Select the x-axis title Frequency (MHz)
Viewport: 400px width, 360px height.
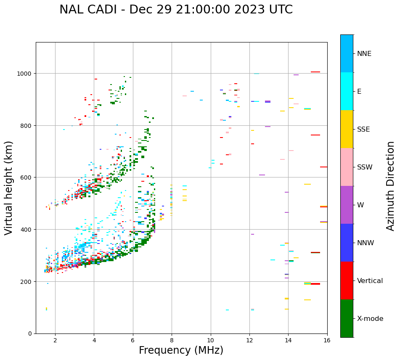(181, 350)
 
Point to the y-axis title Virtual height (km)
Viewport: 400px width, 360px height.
(9, 188)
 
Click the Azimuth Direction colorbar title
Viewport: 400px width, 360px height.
(391, 186)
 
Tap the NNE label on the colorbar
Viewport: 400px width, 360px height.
(364, 53)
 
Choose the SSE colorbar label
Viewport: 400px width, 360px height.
(363, 129)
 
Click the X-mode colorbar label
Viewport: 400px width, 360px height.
(370, 319)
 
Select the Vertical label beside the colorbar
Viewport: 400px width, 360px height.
(370, 281)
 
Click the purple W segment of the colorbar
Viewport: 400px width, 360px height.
(347, 205)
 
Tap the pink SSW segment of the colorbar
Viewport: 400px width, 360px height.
(347, 167)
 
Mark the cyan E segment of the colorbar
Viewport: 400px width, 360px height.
(347, 91)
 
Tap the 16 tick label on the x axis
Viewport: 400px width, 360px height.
(327, 341)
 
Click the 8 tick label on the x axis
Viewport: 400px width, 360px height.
(172, 341)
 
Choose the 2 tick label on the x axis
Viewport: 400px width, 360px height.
(55, 341)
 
